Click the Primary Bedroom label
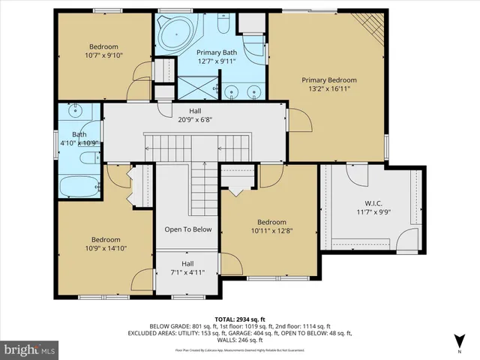[x=328, y=79]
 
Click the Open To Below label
[x=187, y=229]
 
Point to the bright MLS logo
[x=30, y=349]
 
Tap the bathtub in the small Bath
[x=79, y=185]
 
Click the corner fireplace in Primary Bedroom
[x=372, y=27]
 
